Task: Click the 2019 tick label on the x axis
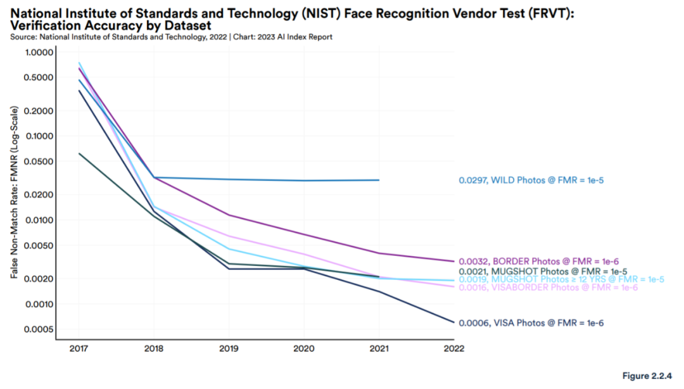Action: point(229,348)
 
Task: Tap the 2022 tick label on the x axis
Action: point(454,348)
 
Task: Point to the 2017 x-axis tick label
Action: point(79,348)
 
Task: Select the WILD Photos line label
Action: point(531,181)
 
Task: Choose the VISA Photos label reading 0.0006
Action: point(531,323)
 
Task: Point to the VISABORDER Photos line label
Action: point(548,288)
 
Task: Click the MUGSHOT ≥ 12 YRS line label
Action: point(561,279)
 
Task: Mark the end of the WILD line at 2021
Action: point(379,180)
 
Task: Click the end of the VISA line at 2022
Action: point(454,322)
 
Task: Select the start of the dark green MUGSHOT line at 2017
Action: point(79,153)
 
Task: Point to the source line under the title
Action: point(171,37)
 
